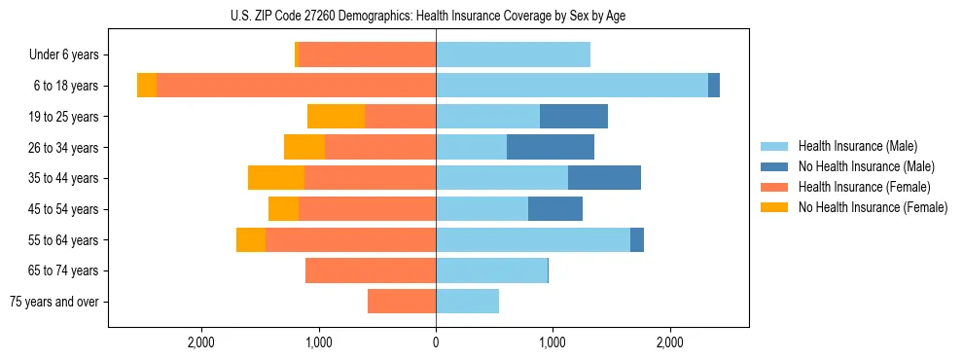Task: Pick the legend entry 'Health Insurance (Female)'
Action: (864, 187)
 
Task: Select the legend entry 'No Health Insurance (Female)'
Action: (873, 207)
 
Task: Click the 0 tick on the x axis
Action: (436, 343)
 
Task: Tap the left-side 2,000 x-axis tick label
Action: (201, 343)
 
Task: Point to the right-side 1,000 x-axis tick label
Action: (553, 343)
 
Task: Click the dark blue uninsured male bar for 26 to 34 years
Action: (551, 147)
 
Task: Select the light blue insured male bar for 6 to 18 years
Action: (572, 86)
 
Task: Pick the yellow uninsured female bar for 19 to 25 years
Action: (336, 117)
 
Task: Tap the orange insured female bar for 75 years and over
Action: (402, 302)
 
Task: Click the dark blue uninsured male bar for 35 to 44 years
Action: (604, 178)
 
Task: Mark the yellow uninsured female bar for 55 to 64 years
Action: (251, 239)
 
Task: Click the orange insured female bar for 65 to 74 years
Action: (371, 270)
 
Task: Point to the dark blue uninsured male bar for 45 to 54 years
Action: (555, 209)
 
